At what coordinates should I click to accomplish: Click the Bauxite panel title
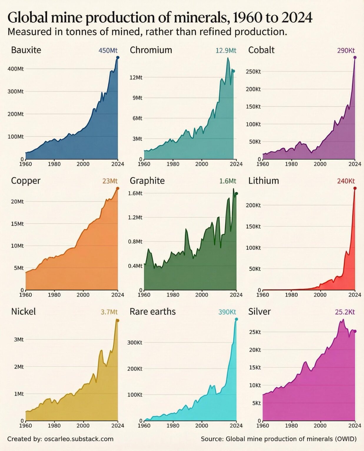pyautogui.click(x=26, y=50)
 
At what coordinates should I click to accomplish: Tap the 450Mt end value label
pyautogui.click(x=108, y=51)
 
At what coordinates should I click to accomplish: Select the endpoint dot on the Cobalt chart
pyautogui.click(x=355, y=58)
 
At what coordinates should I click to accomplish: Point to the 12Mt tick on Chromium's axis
pyautogui.click(x=136, y=78)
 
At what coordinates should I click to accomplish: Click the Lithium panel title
pyautogui.click(x=263, y=181)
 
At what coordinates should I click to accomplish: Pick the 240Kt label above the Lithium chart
pyautogui.click(x=346, y=181)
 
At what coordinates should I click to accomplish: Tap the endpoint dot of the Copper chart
pyautogui.click(x=118, y=188)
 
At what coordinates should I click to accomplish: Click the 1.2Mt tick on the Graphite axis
pyautogui.click(x=135, y=218)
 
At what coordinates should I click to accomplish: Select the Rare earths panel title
pyautogui.click(x=152, y=312)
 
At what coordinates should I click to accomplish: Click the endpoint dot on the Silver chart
pyautogui.click(x=355, y=331)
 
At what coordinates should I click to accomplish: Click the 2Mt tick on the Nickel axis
pyautogui.click(x=19, y=367)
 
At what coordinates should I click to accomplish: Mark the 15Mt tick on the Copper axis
pyautogui.click(x=17, y=224)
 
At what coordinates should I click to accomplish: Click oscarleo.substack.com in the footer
pyautogui.click(x=79, y=439)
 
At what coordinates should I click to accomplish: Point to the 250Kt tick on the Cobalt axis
pyautogui.click(x=254, y=72)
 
